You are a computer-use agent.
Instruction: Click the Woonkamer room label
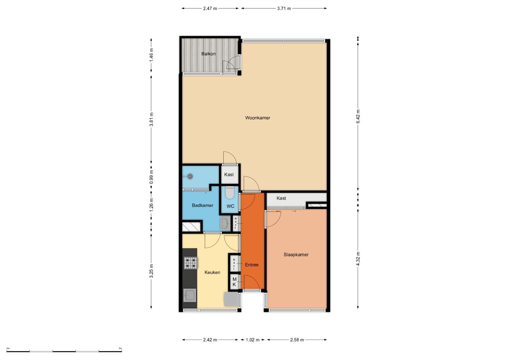257,118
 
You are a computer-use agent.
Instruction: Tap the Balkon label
208,54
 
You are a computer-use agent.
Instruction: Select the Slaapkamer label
296,255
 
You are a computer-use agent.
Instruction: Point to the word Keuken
212,272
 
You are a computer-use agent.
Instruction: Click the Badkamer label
202,205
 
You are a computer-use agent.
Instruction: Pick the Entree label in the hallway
252,265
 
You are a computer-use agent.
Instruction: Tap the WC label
230,206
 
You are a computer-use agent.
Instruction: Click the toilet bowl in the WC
230,192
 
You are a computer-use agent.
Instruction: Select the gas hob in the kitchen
191,263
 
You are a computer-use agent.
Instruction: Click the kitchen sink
190,295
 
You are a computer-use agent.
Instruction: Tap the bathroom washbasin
225,223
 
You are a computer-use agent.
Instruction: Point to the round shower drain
190,176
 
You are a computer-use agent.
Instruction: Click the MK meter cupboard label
234,282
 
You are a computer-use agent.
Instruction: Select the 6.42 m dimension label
358,116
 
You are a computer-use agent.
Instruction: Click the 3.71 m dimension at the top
284,9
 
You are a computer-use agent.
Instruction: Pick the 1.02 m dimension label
253,340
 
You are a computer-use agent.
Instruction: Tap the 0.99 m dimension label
151,177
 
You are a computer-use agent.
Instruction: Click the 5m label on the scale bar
120,348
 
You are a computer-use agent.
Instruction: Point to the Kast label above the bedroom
281,198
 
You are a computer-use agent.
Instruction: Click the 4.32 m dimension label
358,258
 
